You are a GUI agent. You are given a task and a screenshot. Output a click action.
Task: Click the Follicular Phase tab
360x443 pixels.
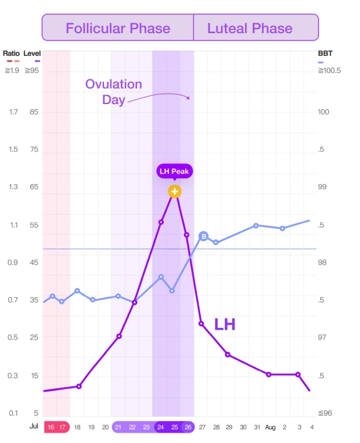(x=118, y=28)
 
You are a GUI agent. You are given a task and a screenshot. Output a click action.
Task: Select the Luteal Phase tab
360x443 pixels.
(x=250, y=28)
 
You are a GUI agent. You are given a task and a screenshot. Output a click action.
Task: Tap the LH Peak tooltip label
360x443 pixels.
(x=174, y=172)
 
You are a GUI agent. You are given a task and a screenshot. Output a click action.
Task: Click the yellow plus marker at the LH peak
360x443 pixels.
(x=174, y=191)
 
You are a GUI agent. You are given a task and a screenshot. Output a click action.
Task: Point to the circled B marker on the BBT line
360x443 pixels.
(x=203, y=236)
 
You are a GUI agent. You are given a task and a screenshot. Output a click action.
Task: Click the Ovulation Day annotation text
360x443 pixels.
(x=114, y=92)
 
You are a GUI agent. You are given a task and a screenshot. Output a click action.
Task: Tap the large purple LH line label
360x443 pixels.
(x=224, y=325)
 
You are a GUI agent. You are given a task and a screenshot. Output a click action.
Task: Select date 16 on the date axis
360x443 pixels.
(x=50, y=427)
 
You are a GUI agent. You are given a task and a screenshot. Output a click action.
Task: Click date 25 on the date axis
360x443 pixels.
(x=174, y=427)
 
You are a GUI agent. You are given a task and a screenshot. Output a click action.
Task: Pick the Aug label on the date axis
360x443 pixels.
(x=270, y=427)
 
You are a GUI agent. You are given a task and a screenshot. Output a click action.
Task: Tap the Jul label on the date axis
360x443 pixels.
(x=34, y=427)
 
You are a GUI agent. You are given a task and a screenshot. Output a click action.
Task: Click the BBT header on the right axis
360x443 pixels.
(x=325, y=53)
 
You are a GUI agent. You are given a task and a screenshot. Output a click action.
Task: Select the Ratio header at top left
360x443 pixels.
(x=11, y=53)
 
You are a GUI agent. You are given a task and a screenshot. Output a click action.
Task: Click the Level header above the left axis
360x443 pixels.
(x=32, y=53)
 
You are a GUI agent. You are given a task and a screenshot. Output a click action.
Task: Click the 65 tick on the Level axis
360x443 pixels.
(x=34, y=187)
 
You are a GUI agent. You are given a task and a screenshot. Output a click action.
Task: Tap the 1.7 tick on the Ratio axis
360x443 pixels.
(x=13, y=112)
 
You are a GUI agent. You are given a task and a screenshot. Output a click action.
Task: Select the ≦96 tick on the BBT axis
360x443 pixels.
(x=326, y=413)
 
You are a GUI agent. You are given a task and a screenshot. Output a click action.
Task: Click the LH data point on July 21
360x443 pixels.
(x=119, y=336)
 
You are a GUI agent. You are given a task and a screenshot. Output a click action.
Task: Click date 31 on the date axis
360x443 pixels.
(x=257, y=427)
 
